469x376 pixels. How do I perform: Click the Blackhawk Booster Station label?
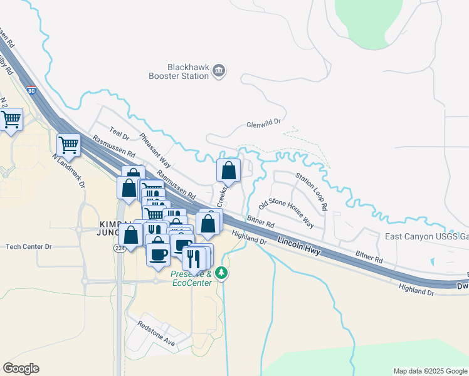[187, 71]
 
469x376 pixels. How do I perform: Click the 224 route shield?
[118, 249]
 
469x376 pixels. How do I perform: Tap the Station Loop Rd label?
[312, 191]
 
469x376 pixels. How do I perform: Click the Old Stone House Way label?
[286, 214]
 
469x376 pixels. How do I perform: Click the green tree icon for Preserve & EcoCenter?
[221, 273]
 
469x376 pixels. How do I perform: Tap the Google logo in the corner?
[21, 368]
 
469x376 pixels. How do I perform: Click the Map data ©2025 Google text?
[429, 371]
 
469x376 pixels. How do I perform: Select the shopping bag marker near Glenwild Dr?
[228, 170]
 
